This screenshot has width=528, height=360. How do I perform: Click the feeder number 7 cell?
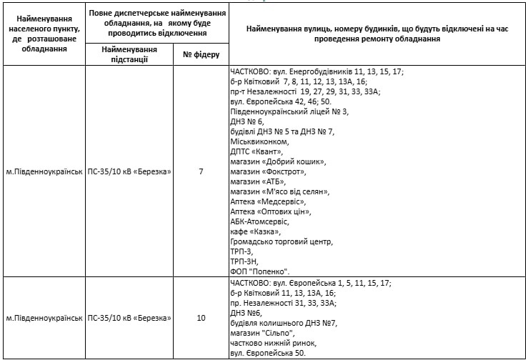click(x=201, y=171)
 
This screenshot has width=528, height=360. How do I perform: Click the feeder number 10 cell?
click(x=201, y=317)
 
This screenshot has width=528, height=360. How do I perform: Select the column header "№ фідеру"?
click(x=201, y=54)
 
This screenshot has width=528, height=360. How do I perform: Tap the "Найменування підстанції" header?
click(x=129, y=54)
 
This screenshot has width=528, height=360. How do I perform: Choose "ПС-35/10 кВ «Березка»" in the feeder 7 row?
click(x=129, y=171)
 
